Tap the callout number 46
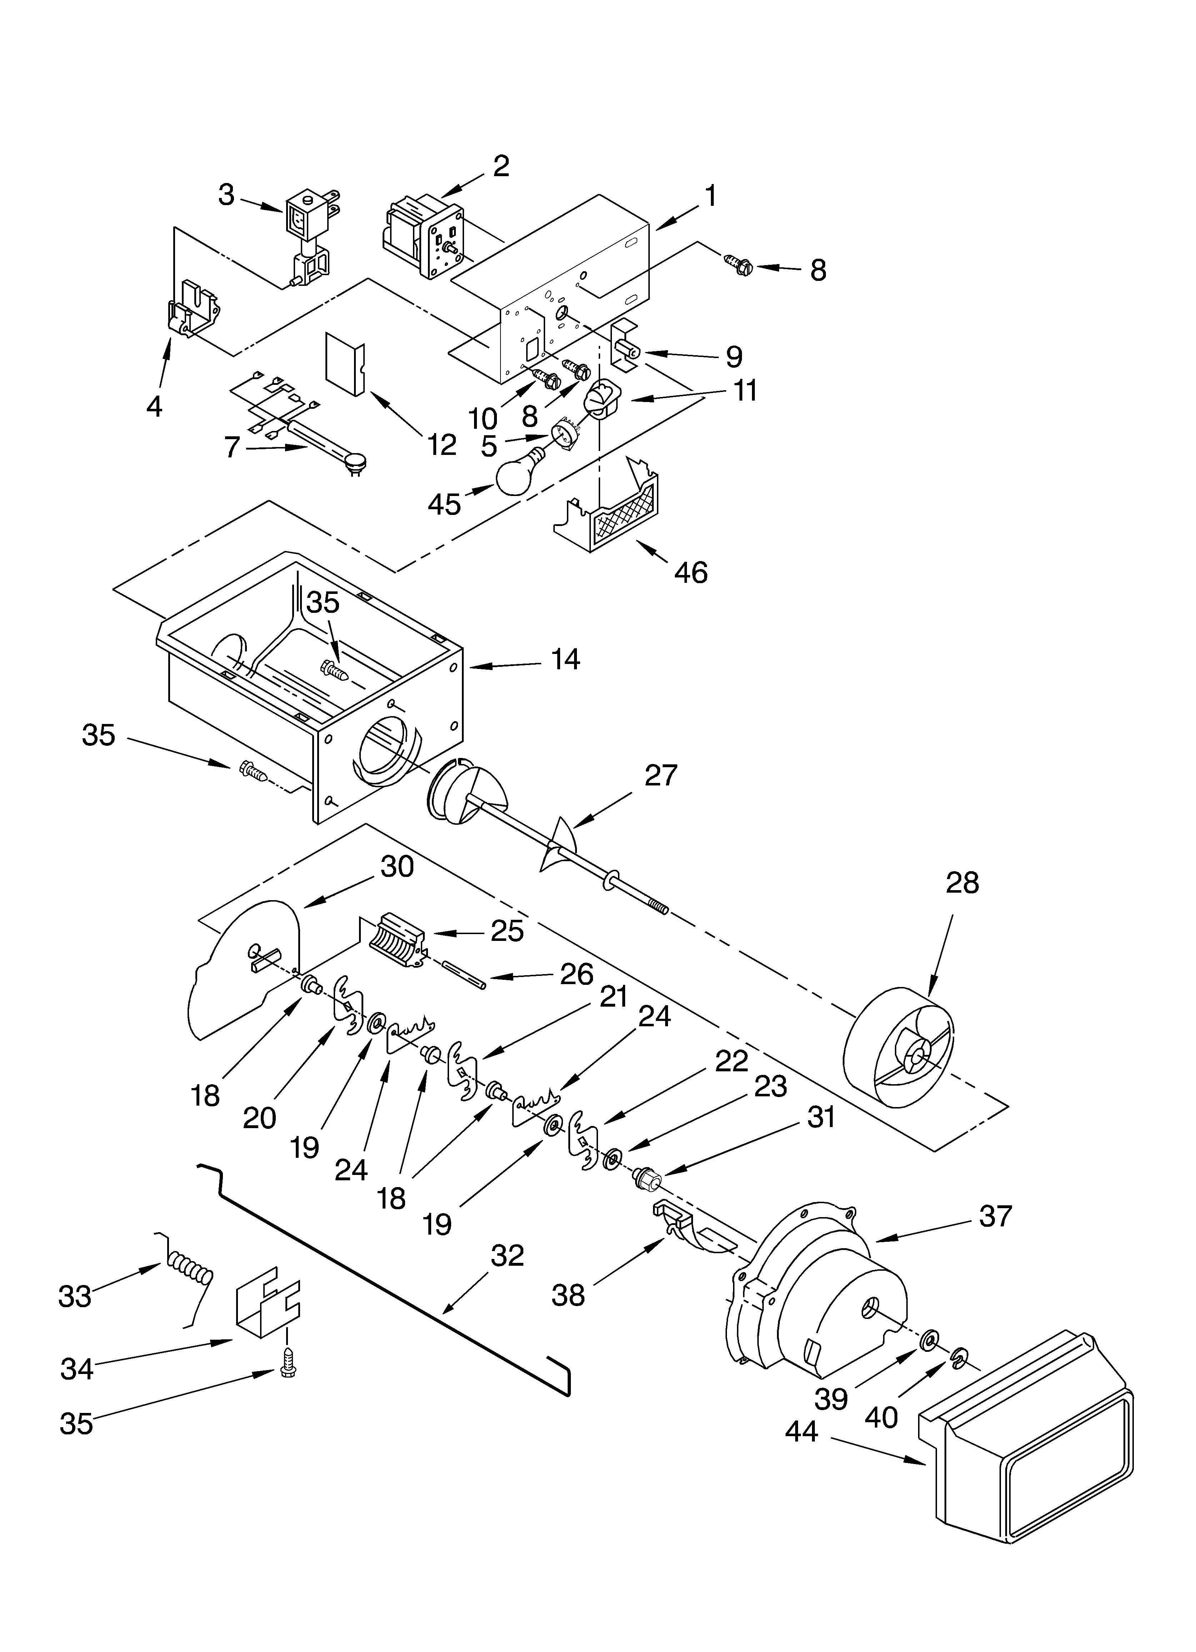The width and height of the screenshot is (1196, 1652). click(x=691, y=572)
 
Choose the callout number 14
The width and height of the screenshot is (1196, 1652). click(x=565, y=659)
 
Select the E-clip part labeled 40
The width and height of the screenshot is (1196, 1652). click(x=958, y=1356)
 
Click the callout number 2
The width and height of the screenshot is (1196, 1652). click(x=501, y=166)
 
